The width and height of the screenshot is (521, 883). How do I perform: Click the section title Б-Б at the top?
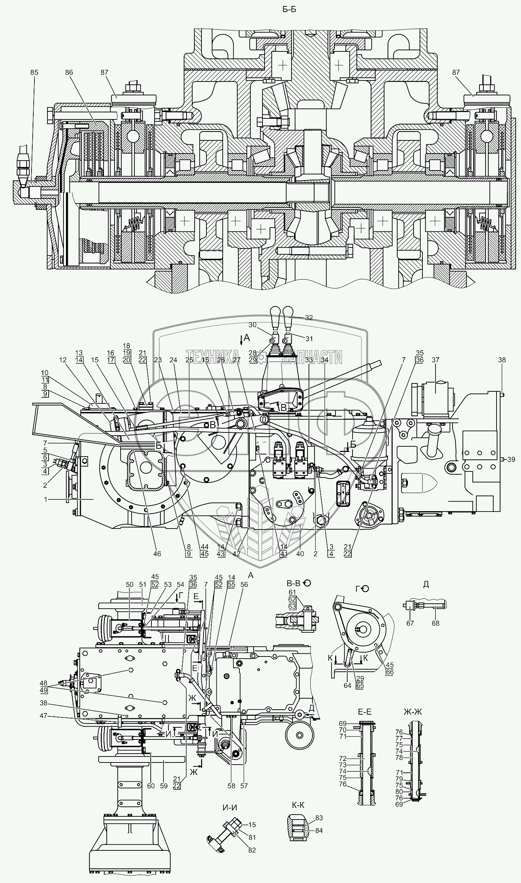pos(289,10)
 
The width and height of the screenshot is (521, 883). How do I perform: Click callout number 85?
pos(34,72)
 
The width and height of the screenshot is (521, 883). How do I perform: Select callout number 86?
pos(69,72)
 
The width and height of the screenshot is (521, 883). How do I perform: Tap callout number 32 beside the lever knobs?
pos(309,318)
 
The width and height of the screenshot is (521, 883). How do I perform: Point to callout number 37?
pos(436,360)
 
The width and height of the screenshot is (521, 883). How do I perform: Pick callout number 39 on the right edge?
pos(511,459)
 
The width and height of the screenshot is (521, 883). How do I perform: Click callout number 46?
pos(157,554)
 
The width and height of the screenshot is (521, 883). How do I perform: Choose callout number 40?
pos(300,554)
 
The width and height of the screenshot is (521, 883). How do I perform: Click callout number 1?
pos(45,499)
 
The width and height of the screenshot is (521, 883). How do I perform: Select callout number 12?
pos(63,360)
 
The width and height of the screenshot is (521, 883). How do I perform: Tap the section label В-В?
pos(293,583)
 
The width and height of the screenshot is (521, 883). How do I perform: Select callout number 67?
pos(410,623)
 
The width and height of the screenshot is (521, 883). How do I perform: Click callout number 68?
pos(436,623)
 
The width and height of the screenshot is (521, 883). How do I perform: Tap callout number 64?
pos(347,685)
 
